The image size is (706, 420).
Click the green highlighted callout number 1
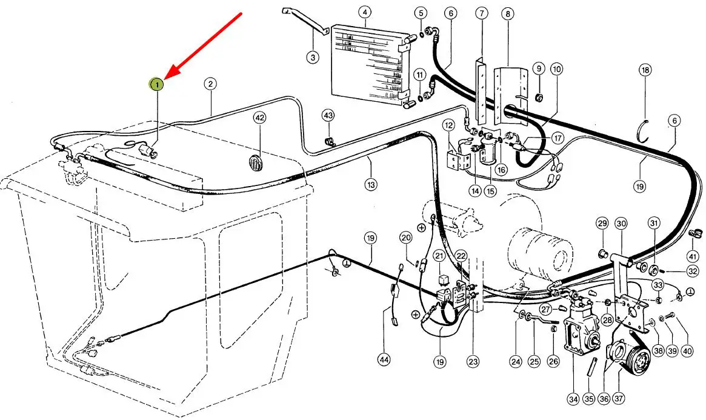[x=157, y=84]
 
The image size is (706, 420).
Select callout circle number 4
[x=365, y=12]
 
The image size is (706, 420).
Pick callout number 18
[x=645, y=70]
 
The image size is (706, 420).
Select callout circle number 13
[x=370, y=184]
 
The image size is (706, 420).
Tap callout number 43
[x=328, y=116]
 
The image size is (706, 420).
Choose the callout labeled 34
[x=573, y=399]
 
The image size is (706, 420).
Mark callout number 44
[x=384, y=359]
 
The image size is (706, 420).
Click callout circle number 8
[x=508, y=14]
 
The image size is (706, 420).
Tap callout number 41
[x=693, y=256]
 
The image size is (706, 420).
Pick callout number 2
[x=210, y=84]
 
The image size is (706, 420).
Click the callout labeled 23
[x=473, y=361]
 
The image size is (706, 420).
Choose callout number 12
[x=449, y=125]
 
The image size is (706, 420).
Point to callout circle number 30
[x=621, y=223]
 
